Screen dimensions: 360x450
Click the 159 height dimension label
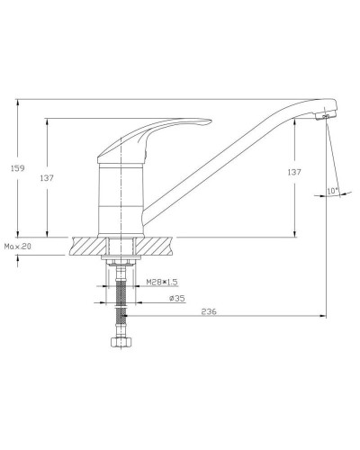[17, 168]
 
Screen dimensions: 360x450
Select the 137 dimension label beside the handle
[47, 178]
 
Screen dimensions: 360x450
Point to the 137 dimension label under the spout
[294, 172]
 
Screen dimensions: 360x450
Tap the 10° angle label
[333, 191]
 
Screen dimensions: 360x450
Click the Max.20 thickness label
[18, 247]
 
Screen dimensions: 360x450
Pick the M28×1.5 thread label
[162, 282]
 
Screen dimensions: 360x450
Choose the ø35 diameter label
[177, 299]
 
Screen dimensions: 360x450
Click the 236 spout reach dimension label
[209, 311]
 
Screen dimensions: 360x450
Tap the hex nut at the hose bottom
[121, 342]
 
